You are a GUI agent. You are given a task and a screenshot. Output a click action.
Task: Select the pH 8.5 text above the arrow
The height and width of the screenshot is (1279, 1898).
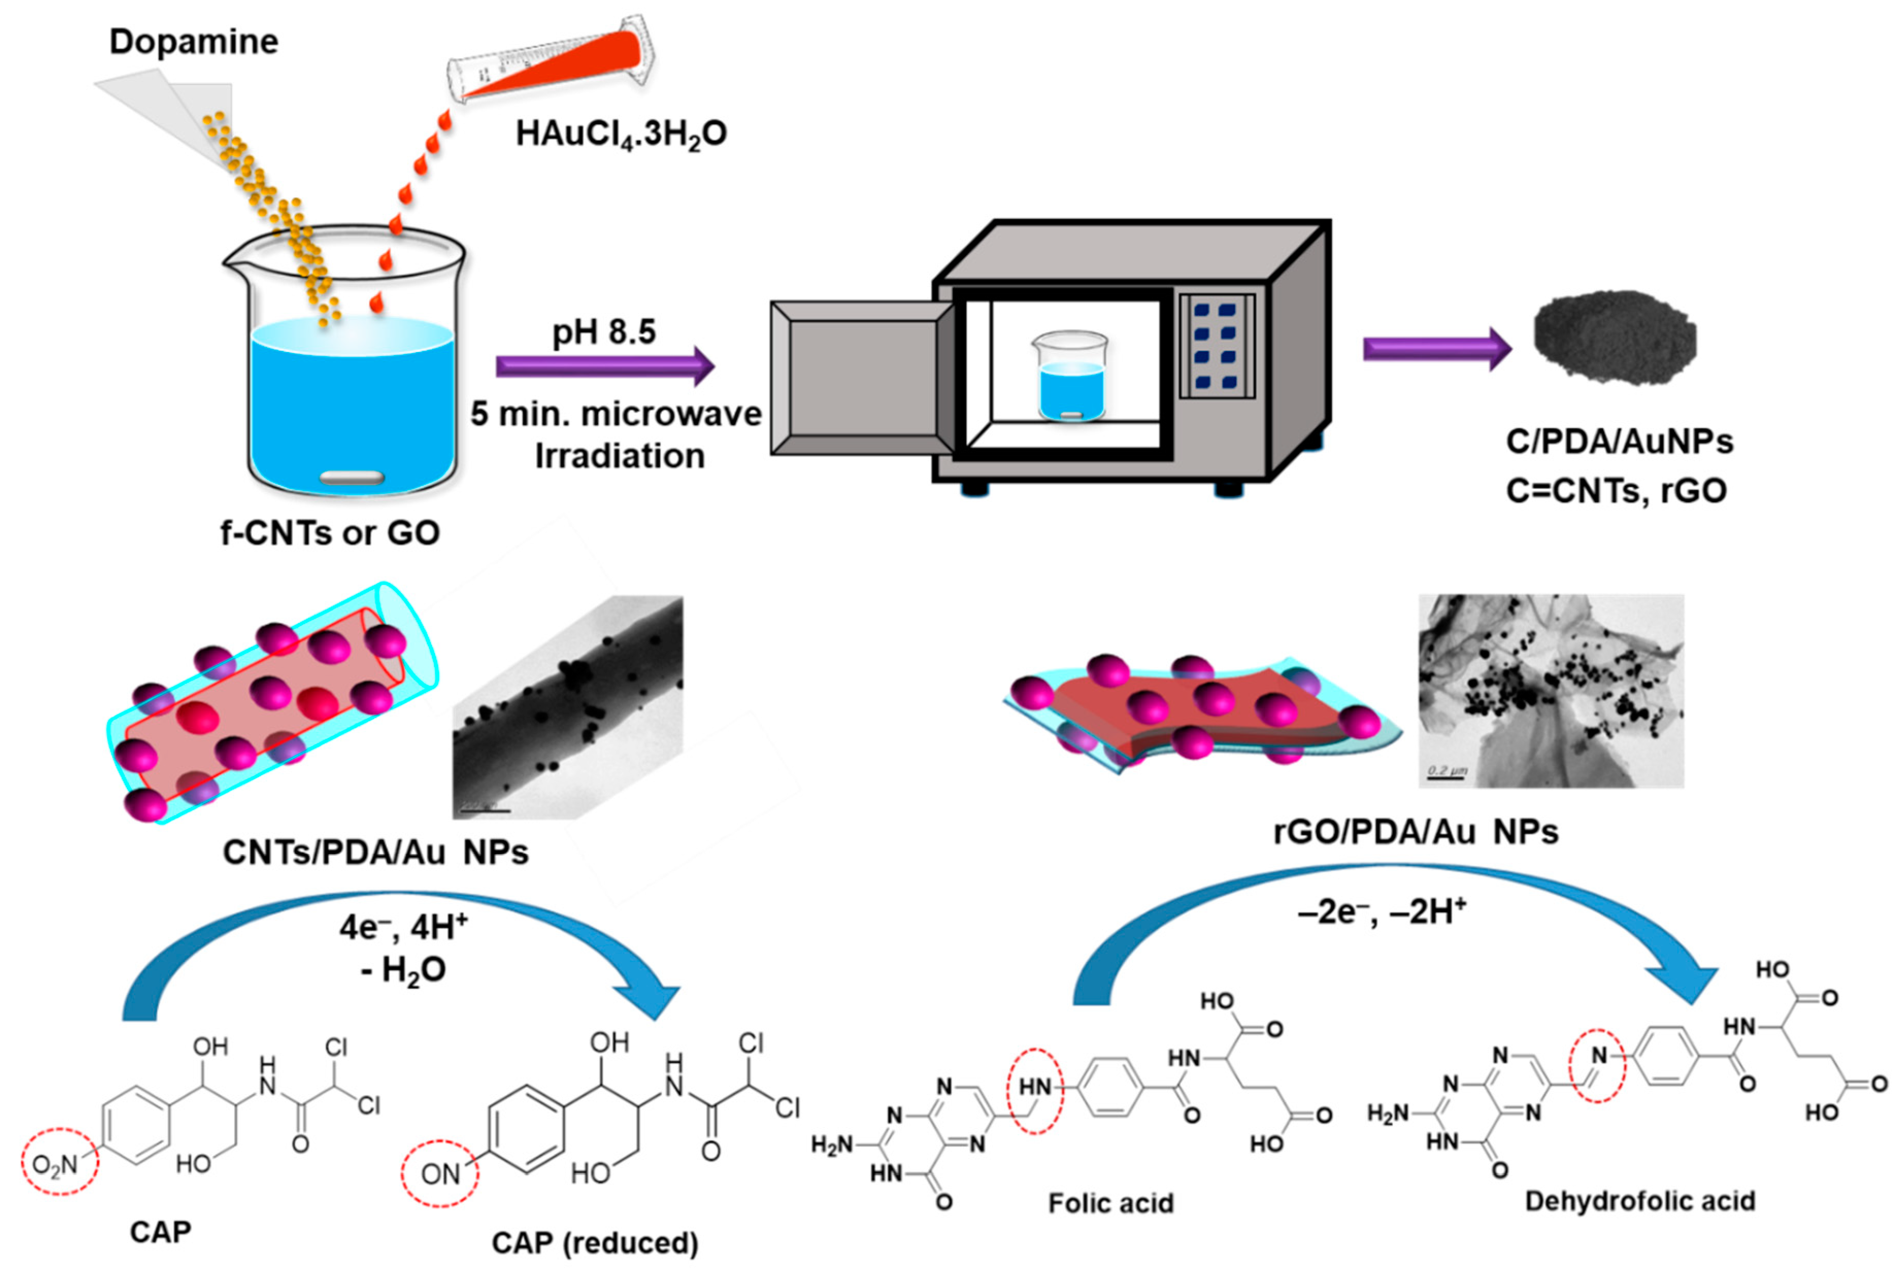[x=604, y=332]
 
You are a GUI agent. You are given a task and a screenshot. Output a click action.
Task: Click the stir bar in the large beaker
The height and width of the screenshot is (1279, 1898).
[x=352, y=477]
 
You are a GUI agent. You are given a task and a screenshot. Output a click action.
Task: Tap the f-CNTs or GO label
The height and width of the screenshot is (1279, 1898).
[x=330, y=533]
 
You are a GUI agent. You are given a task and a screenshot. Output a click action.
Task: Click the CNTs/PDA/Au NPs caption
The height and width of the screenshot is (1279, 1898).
[x=375, y=852]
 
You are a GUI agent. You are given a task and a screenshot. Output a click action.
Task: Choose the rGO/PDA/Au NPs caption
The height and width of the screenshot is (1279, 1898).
[x=1416, y=832]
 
